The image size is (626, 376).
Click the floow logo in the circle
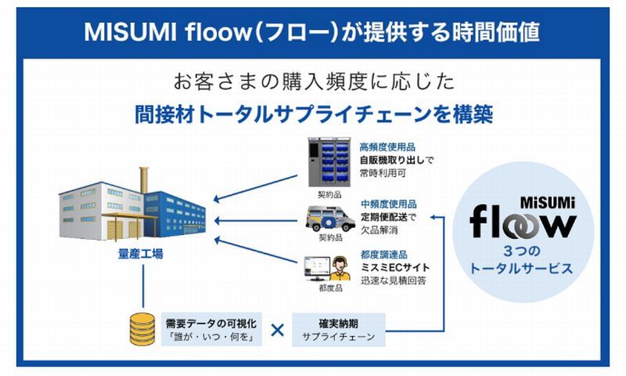pyautogui.click(x=522, y=221)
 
